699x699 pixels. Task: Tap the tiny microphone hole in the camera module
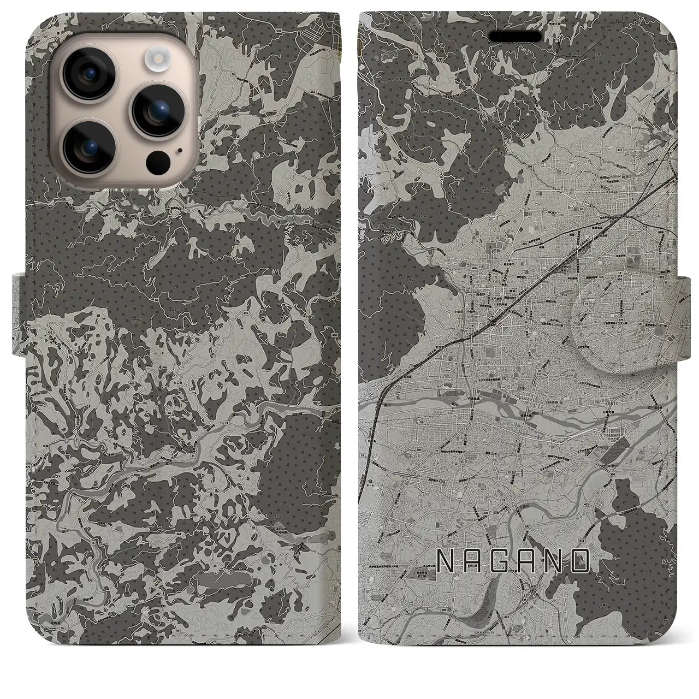(180, 149)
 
